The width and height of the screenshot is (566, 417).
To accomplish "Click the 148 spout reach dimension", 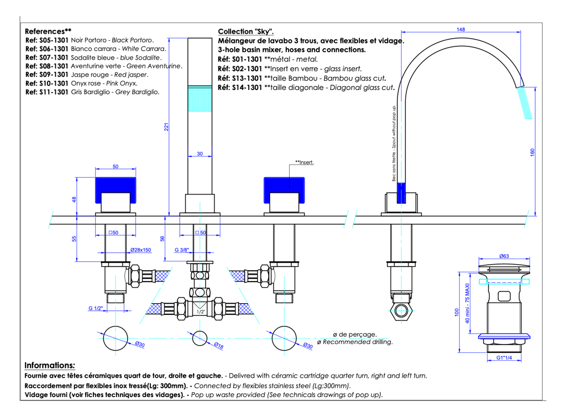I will tap(461, 29).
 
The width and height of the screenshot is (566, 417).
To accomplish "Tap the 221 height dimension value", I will tap(166, 127).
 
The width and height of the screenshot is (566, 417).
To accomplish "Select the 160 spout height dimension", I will tap(532, 152).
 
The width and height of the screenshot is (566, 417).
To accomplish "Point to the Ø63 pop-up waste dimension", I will tap(504, 256).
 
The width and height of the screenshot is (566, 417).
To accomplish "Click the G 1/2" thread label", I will tap(96, 308).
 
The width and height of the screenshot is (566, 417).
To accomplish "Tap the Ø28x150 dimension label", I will tap(140, 250).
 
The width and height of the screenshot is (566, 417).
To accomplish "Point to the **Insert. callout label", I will tap(305, 162).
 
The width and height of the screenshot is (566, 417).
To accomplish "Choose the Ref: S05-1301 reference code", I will tap(47, 40).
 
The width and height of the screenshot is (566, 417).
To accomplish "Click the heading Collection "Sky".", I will tap(245, 31).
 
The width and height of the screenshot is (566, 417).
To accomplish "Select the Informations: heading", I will tap(50, 366).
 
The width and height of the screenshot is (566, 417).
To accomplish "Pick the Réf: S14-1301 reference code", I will tap(240, 87).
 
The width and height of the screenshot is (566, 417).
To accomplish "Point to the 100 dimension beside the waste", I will tap(457, 312).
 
